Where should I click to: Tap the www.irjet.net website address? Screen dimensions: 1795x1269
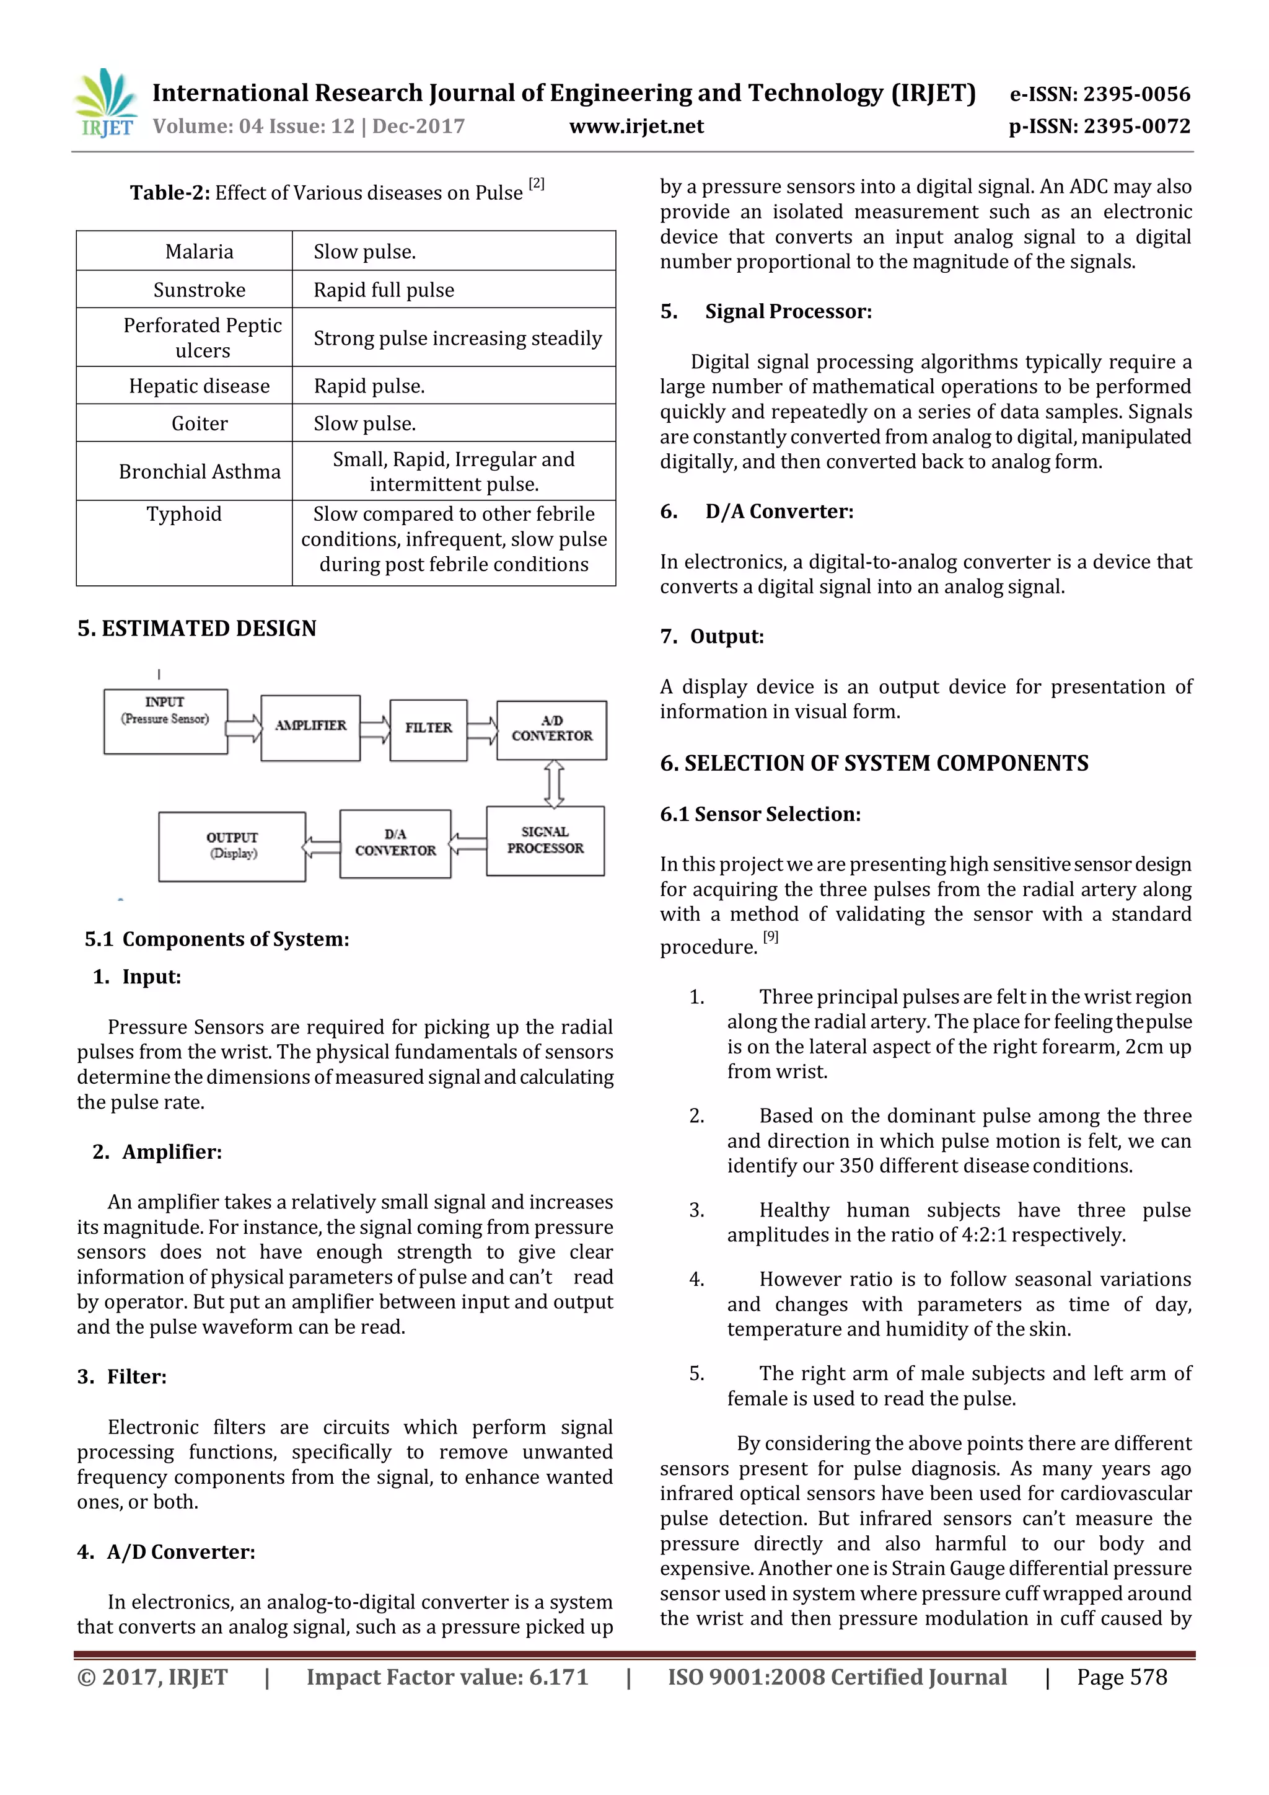coord(636,126)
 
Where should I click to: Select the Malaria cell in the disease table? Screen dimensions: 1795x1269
coord(200,252)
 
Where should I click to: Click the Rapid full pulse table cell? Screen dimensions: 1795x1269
coord(384,290)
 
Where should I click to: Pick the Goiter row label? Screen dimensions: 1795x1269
coord(200,423)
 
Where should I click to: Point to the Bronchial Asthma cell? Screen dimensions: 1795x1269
coord(200,471)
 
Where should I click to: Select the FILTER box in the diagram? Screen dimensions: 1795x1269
coord(428,729)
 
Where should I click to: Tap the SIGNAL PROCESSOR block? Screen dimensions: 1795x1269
coord(545,840)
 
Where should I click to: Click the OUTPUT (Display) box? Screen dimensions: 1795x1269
coord(232,846)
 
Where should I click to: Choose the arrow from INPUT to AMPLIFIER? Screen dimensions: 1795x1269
coord(244,728)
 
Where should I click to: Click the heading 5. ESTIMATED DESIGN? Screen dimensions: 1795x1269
coord(197,629)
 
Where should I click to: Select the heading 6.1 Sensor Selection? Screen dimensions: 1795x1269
coord(760,814)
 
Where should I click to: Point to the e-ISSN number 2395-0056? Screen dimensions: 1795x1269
coord(1136,95)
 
